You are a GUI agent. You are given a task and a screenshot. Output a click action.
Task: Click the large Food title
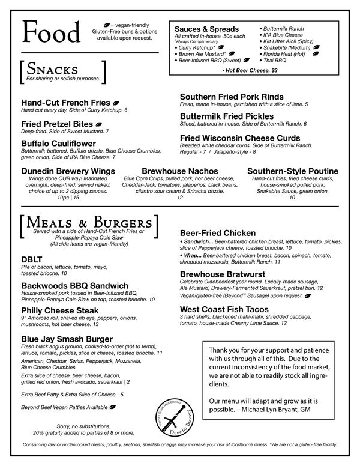(50, 31)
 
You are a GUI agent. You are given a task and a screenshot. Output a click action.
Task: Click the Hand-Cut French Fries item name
(65, 103)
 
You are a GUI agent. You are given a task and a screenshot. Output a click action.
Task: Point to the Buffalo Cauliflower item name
(58, 143)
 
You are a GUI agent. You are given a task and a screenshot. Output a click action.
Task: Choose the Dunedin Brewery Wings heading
(68, 171)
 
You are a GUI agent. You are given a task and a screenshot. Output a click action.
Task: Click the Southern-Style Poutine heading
(292, 171)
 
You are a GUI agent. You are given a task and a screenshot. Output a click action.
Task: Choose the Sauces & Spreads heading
(206, 29)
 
